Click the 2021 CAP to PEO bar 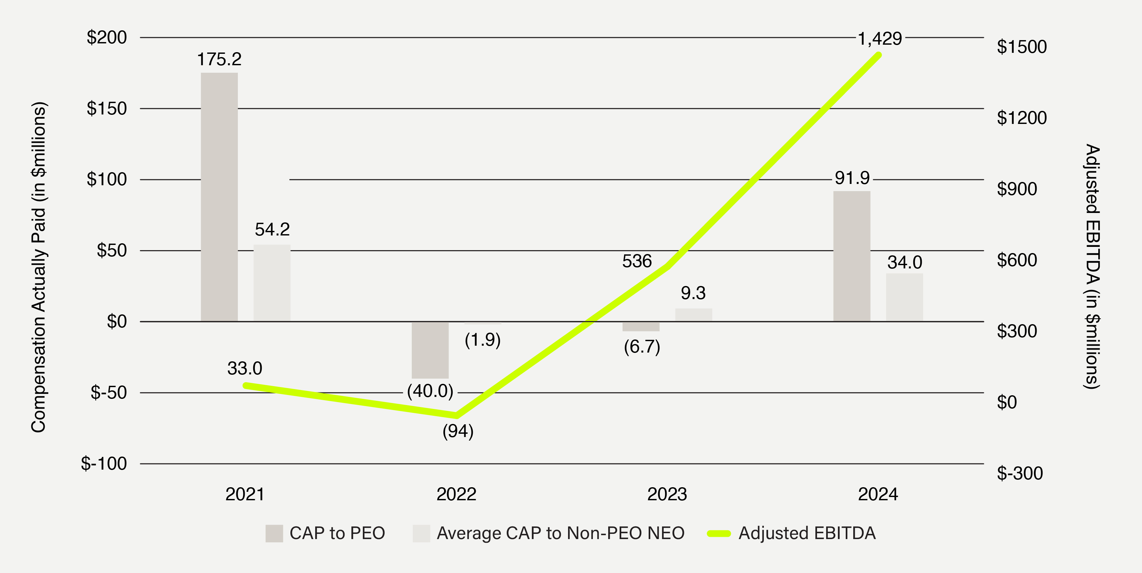coord(219,197)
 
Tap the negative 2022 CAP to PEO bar coord(430,350)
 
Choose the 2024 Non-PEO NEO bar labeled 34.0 coord(904,297)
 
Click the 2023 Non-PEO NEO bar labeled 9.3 coord(693,315)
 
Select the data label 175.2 coord(219,59)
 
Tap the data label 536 coord(637,261)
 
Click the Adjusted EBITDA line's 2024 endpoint coord(879,55)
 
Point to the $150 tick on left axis coord(107,109)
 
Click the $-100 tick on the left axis coord(104,463)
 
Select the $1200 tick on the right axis coord(1021,118)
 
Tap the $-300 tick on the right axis coord(1019,473)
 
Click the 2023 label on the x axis coord(667,494)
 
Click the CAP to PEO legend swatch coord(274,533)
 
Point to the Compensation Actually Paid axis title coord(39,267)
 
